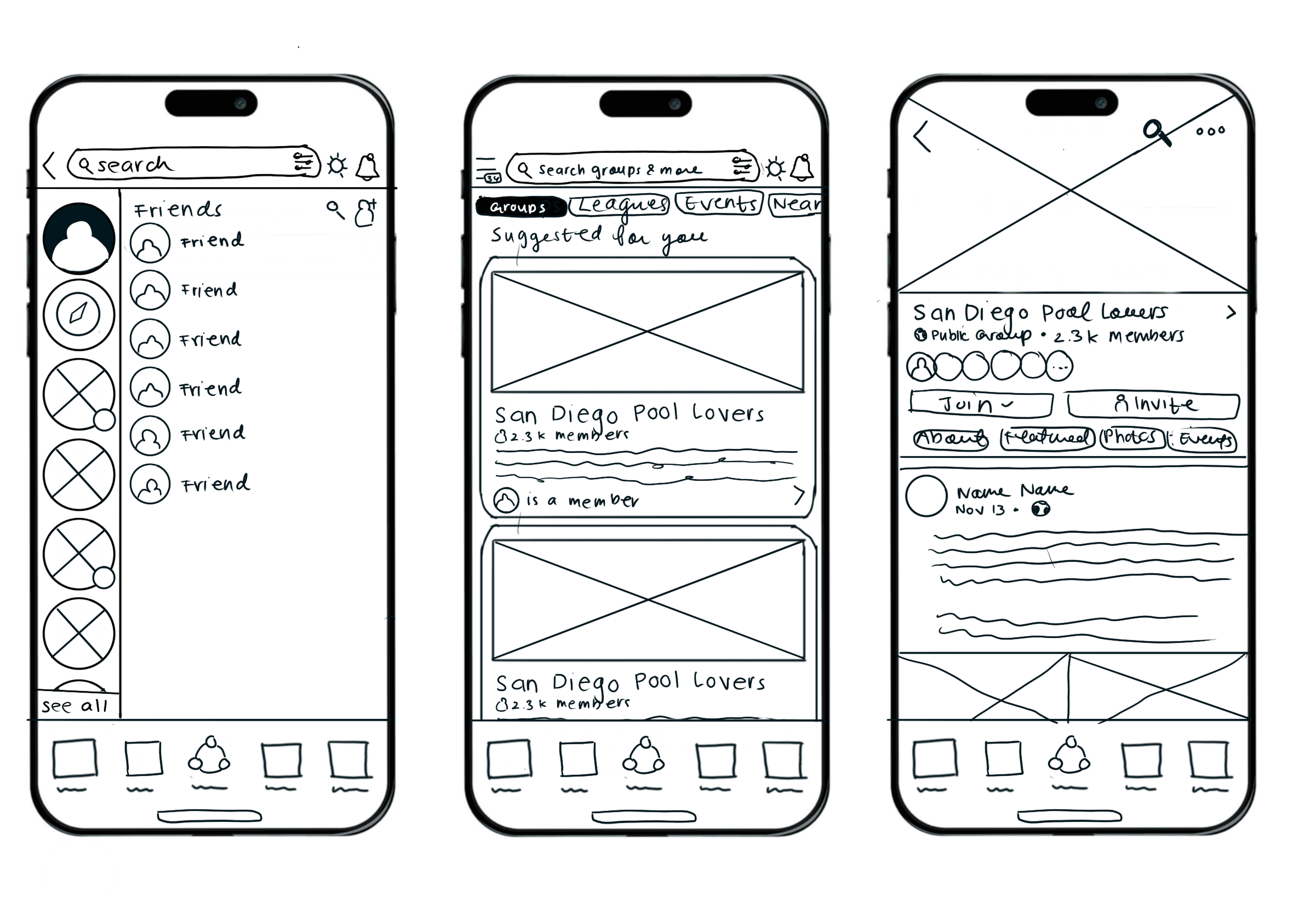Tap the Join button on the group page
pyautogui.click(x=980, y=404)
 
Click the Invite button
pyautogui.click(x=1152, y=405)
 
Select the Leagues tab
pyautogui.click(x=619, y=204)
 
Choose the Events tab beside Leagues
pyautogui.click(x=719, y=203)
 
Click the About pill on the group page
pyautogui.click(x=950, y=438)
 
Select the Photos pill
pyautogui.click(x=1131, y=437)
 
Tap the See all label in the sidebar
pyautogui.click(x=75, y=706)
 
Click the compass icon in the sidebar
pyautogui.click(x=79, y=314)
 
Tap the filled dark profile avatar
pyautogui.click(x=79, y=238)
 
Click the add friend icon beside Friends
pyautogui.click(x=365, y=212)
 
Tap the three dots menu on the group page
pyautogui.click(x=1210, y=131)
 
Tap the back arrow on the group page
pyautogui.click(x=922, y=137)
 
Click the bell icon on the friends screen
pyautogui.click(x=367, y=166)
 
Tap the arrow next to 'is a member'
pyautogui.click(x=799, y=495)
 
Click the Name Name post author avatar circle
pyautogui.click(x=926, y=496)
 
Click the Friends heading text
pyautogui.click(x=178, y=210)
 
